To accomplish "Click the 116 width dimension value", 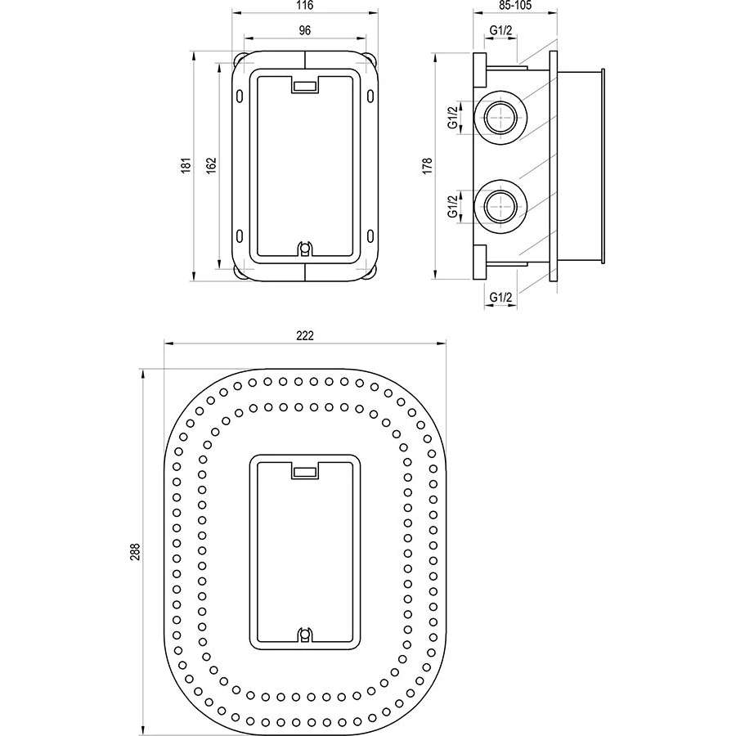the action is click(305, 6).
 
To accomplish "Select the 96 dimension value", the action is click(305, 30).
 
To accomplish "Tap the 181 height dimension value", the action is click(186, 165).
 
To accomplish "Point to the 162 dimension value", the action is click(212, 165).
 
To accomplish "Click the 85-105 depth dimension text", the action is click(515, 6).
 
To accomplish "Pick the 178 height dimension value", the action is click(427, 166).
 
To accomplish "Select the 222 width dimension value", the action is click(305, 336).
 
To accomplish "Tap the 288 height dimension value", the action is click(135, 552).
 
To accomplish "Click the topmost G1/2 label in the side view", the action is click(500, 30).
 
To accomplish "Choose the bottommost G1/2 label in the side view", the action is click(500, 297).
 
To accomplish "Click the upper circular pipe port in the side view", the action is click(500, 117).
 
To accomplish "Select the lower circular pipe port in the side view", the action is click(500, 206).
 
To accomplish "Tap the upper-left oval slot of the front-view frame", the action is click(240, 96).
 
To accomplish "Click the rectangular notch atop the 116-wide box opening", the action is click(305, 85).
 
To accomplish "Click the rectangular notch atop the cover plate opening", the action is click(305, 471).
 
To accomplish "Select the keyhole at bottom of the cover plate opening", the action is click(305, 635).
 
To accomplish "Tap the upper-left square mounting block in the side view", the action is click(479, 70).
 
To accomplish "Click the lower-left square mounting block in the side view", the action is click(479, 263).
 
